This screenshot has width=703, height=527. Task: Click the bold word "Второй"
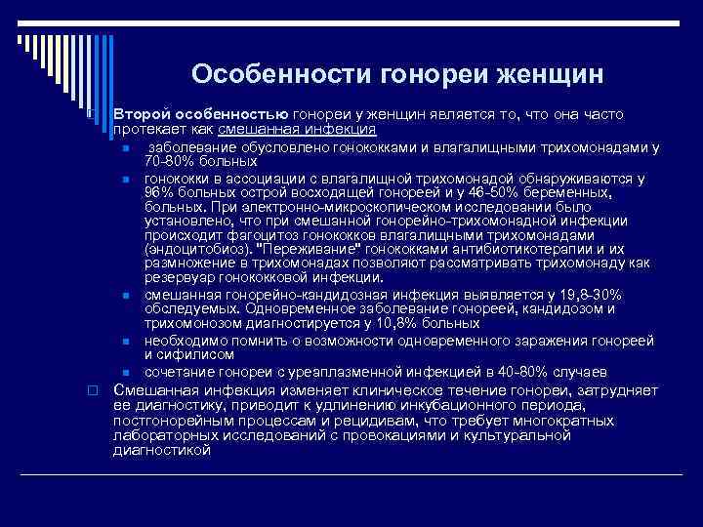point(140,115)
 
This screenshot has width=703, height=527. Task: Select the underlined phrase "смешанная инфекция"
point(297,129)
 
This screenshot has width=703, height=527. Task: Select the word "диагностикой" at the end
point(162,451)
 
